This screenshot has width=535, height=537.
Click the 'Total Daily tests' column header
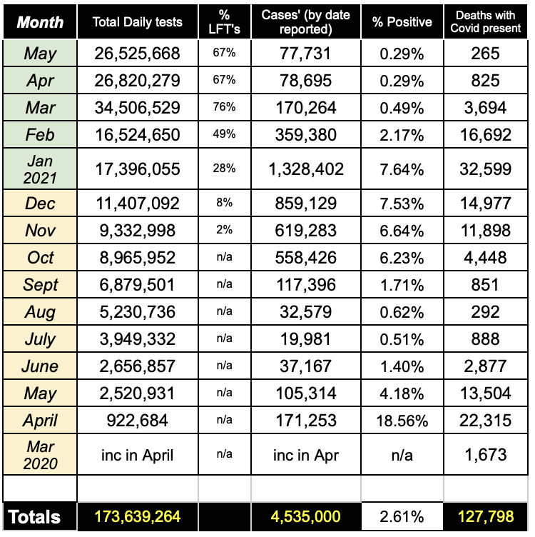[x=137, y=22]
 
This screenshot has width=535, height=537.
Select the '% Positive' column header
[x=402, y=22]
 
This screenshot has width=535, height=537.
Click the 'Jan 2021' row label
[x=40, y=169]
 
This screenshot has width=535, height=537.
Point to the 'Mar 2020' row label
[x=40, y=454]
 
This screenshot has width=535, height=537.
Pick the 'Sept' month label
[x=40, y=285]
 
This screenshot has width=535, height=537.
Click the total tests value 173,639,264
[x=137, y=517]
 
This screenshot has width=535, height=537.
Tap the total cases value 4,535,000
[x=306, y=517]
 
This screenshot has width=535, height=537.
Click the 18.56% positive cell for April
[x=402, y=421]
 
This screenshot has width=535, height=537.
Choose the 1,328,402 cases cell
[x=306, y=169]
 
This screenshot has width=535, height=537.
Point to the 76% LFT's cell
[x=225, y=108]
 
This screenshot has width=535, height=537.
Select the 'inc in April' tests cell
[x=137, y=454]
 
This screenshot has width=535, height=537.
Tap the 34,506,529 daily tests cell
[x=137, y=108]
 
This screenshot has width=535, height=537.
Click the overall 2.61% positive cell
[x=402, y=517]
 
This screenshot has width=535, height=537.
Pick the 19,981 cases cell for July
[x=306, y=339]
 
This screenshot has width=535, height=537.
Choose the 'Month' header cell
[x=40, y=22]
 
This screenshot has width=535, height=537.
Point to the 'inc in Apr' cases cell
[x=306, y=454]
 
